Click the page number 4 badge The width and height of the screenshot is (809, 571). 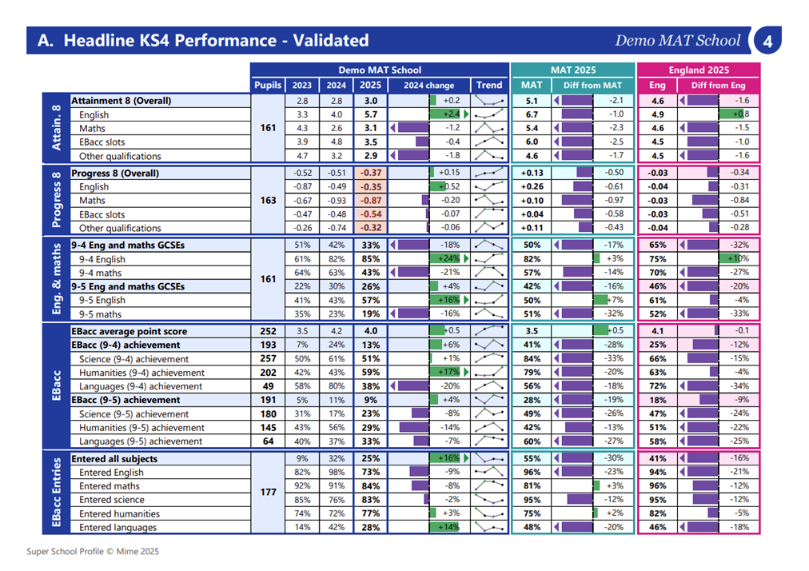[x=767, y=40]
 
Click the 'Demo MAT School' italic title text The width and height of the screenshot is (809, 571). [x=677, y=40]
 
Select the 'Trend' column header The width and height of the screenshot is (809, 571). [x=489, y=86]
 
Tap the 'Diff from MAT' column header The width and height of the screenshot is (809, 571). [x=592, y=86]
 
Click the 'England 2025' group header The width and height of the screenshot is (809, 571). [x=699, y=70]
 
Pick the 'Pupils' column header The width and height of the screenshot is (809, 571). [x=268, y=86]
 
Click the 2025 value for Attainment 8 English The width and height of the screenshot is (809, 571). [x=370, y=114]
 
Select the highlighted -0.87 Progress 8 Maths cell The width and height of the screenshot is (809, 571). [x=370, y=200]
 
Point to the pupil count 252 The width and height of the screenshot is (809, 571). [x=268, y=331]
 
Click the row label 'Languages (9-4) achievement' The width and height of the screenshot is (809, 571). [x=141, y=386]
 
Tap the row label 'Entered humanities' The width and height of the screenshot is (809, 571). [x=119, y=513]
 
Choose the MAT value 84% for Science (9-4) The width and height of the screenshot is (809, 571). [x=532, y=359]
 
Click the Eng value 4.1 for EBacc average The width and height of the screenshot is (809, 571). [x=657, y=331]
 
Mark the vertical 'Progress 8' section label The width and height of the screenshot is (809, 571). [x=56, y=200]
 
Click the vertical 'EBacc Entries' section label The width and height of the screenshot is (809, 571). [x=56, y=493]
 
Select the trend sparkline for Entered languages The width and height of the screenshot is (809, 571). [x=489, y=527]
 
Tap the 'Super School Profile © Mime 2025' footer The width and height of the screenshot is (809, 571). [x=93, y=551]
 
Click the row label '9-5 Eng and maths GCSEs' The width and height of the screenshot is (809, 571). [x=128, y=286]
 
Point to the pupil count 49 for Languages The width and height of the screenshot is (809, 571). [x=268, y=386]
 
